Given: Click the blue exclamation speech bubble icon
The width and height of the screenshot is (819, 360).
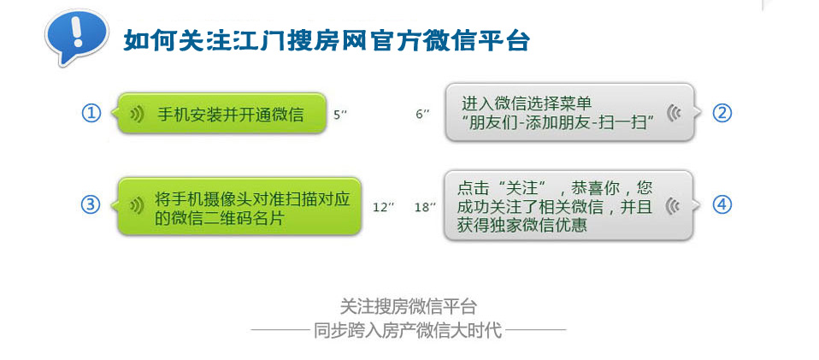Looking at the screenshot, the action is [x=76, y=37].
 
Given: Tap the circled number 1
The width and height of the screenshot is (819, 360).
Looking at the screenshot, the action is [x=91, y=114].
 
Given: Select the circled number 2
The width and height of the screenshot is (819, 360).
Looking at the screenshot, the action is [x=722, y=114].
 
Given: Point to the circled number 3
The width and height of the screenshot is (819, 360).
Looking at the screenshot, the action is [x=91, y=205].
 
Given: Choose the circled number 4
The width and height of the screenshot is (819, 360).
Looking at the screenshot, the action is [x=722, y=205].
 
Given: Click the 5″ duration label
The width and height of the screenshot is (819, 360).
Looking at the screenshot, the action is [x=340, y=115].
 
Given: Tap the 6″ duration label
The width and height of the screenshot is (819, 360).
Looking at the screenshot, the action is [x=422, y=115].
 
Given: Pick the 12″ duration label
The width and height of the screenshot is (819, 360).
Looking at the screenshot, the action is [x=383, y=208].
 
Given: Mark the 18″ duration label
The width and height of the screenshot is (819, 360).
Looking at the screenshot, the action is [x=425, y=208].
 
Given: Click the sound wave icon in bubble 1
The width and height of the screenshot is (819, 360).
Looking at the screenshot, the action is [x=137, y=115].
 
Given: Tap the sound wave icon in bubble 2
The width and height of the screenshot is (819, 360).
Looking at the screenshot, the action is [x=674, y=113].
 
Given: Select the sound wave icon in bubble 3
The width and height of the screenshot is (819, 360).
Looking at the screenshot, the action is [x=137, y=206].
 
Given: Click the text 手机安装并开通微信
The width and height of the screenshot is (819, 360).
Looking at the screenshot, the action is [x=230, y=115].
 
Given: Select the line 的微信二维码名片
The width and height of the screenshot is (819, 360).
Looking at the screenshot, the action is [x=220, y=218].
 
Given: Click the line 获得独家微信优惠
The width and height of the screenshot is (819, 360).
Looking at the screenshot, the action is [x=521, y=225].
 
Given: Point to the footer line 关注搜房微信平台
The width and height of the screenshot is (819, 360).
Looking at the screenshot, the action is [x=409, y=306].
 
